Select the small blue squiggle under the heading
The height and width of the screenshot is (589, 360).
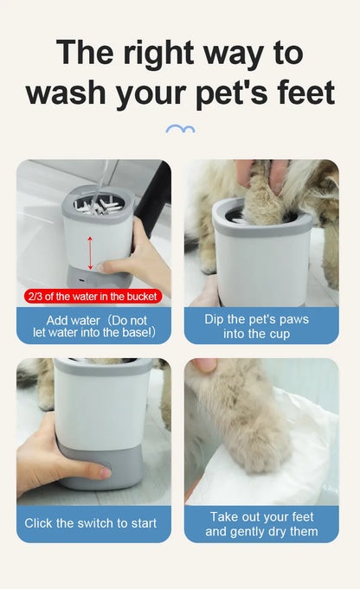coord(179,130)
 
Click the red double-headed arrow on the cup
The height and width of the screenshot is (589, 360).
coord(89,251)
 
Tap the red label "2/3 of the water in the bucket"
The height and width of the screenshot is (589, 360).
coord(92,297)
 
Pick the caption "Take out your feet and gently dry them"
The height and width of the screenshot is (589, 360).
coord(261,524)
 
